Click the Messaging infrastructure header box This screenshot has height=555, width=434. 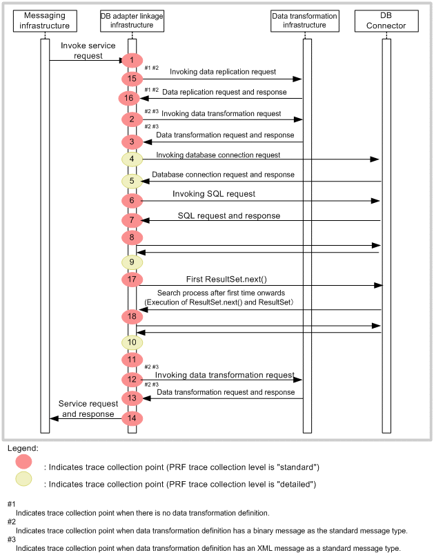[45, 21]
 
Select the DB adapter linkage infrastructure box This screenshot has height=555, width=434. [132, 21]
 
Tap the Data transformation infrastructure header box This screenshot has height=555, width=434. [305, 21]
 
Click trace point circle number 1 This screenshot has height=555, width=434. [132, 61]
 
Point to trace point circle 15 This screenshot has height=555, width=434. [132, 79]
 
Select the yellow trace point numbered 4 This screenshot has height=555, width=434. [132, 159]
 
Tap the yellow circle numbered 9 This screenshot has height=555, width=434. [132, 262]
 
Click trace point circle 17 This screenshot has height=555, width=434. [132, 280]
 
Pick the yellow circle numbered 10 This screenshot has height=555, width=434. [132, 342]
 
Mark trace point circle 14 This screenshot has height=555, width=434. [132, 418]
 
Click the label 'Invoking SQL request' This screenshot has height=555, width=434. [214, 194]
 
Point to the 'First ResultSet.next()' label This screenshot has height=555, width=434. [226, 279]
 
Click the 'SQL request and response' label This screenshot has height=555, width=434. [229, 216]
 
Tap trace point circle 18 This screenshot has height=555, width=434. [132, 316]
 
